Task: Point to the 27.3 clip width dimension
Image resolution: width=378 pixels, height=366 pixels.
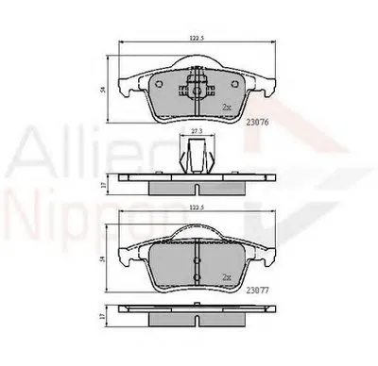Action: click(197, 131)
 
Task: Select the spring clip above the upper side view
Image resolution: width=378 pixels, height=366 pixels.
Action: click(197, 156)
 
